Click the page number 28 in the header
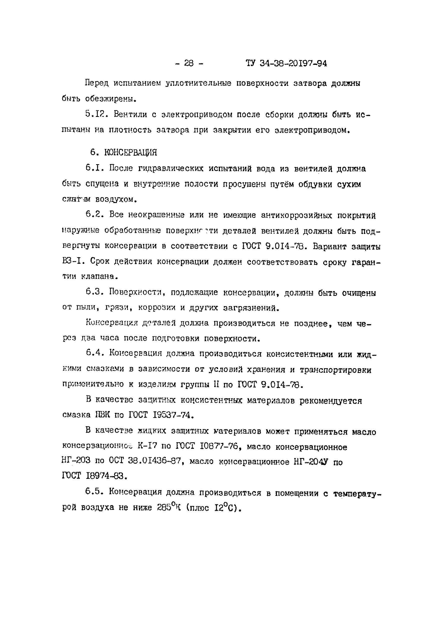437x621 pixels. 189,63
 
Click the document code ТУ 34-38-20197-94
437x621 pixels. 286,63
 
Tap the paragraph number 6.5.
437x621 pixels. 95,492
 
